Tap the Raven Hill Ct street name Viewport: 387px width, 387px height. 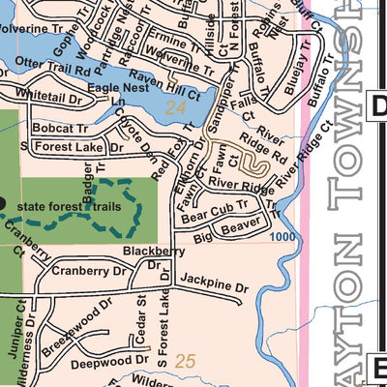click(x=170, y=86)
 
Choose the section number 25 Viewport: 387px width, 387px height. click(x=186, y=362)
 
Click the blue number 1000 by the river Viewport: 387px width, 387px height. click(x=283, y=236)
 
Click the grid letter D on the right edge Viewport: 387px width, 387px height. click(x=379, y=106)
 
